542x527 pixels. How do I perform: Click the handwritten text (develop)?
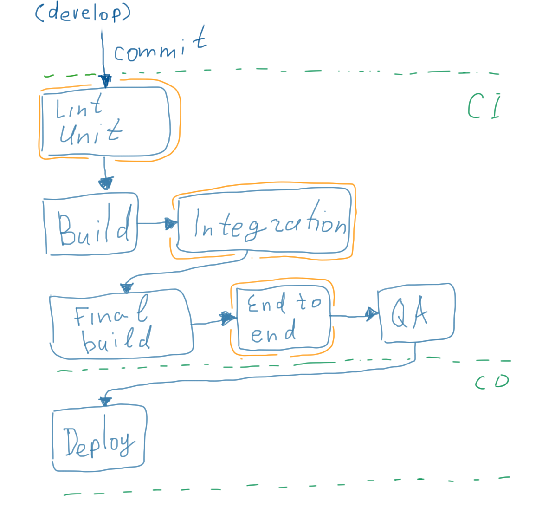(83, 13)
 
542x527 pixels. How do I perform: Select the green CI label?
(484, 106)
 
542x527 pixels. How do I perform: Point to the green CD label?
(492, 382)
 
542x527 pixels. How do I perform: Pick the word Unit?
(90, 132)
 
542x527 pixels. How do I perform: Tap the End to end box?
(283, 318)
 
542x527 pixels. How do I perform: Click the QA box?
(416, 312)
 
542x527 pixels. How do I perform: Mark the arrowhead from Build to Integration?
(171, 224)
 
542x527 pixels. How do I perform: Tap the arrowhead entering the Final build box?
(126, 288)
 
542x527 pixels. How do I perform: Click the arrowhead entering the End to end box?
(227, 318)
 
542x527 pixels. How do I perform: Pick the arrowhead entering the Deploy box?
(105, 401)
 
